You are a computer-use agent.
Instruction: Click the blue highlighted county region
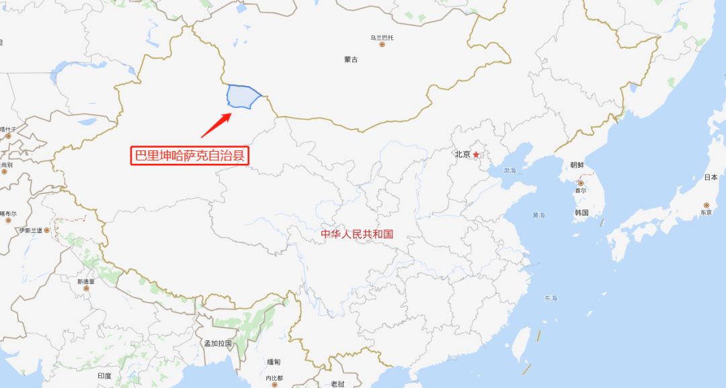[x=243, y=97]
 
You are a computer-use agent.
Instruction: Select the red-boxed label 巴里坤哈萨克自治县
[x=190, y=156]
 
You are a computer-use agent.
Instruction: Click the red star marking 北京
[x=476, y=155]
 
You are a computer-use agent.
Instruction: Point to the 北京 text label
[x=462, y=154]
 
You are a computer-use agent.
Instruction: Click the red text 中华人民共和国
[x=356, y=234]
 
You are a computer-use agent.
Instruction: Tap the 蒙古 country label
[x=351, y=60]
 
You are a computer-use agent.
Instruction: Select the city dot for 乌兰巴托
[x=382, y=45]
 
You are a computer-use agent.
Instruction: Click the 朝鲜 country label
[x=577, y=165]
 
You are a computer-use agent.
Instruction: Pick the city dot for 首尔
[x=580, y=183]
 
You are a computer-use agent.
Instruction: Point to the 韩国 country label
[x=581, y=213]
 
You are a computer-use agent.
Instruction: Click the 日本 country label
[x=711, y=178]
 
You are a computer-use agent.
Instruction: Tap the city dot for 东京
[x=706, y=205]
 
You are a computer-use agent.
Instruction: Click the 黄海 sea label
[x=538, y=215]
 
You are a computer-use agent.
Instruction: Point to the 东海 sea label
[x=551, y=298]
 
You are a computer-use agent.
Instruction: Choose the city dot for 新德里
[x=86, y=289]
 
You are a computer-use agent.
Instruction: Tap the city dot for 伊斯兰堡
[x=46, y=230]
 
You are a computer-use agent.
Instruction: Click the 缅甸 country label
[x=274, y=362]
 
